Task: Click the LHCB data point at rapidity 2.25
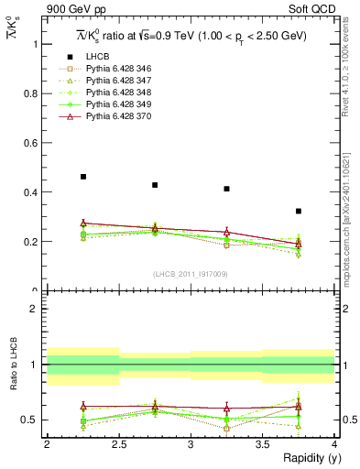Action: tap(83, 177)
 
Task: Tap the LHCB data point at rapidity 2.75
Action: tap(155, 185)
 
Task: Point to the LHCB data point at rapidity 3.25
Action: tap(226, 189)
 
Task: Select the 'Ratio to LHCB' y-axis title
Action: tap(14, 364)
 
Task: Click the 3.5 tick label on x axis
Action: tap(262, 443)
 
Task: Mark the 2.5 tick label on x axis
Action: tap(119, 443)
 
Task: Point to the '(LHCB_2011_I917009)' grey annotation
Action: tap(191, 273)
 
